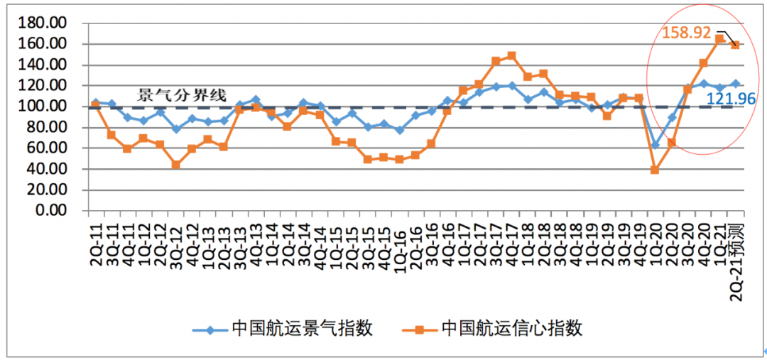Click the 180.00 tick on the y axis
(x=47, y=23)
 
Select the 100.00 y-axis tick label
(x=47, y=107)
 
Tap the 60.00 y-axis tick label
(x=50, y=148)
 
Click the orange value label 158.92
(x=686, y=33)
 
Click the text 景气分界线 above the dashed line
(x=182, y=95)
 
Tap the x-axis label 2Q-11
(x=96, y=245)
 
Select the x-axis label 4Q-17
(x=511, y=245)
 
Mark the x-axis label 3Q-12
(x=175, y=245)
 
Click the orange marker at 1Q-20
(x=655, y=170)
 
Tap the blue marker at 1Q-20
(x=656, y=145)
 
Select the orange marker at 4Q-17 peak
(x=511, y=55)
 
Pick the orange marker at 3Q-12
(x=175, y=165)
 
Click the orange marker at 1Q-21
(x=719, y=39)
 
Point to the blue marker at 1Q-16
(x=400, y=130)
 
